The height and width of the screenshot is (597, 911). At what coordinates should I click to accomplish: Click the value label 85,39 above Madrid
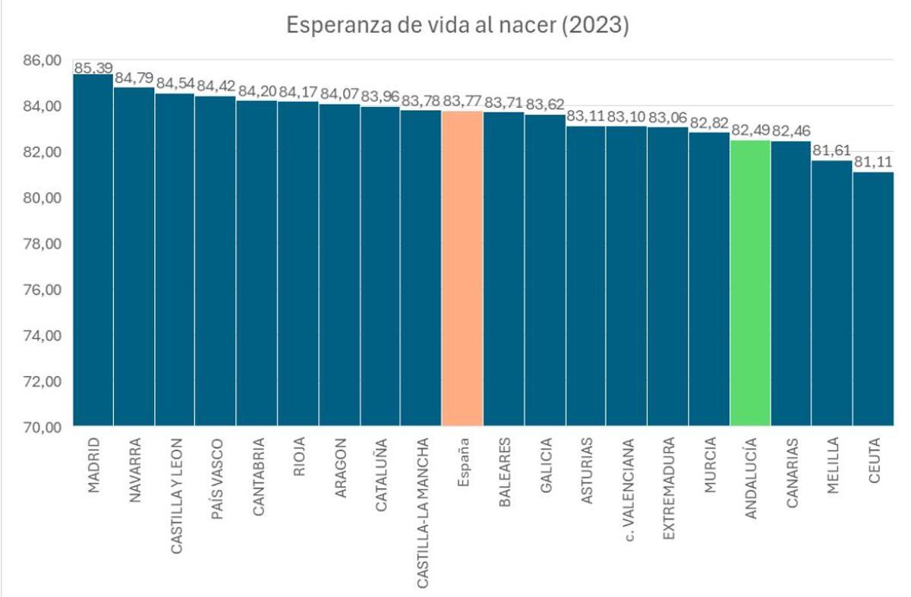[93, 68]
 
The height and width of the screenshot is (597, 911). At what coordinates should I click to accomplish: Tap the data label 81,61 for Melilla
[832, 150]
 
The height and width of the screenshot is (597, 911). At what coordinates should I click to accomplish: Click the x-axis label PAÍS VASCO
[216, 478]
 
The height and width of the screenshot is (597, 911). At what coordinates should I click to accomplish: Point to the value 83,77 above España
[462, 101]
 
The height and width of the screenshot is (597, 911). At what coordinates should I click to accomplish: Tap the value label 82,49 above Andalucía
[750, 130]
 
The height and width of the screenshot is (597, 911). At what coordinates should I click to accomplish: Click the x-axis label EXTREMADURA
[668, 488]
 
